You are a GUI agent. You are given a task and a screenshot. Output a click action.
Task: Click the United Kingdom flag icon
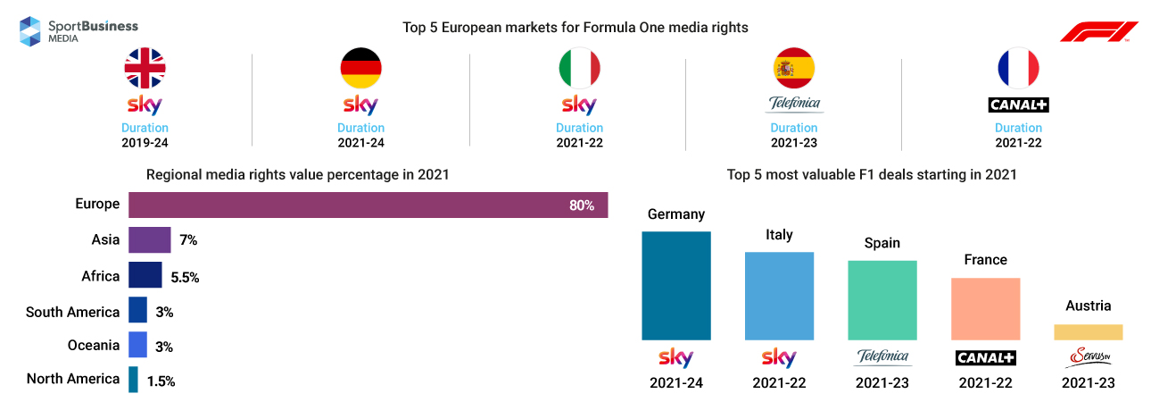coord(145,68)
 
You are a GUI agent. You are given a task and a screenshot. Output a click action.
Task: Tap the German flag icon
coord(360,68)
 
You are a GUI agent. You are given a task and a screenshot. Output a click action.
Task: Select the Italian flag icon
coord(579,68)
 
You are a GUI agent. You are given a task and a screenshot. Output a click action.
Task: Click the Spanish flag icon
coord(794,68)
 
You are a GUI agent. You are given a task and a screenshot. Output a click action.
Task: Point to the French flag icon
coord(1018,68)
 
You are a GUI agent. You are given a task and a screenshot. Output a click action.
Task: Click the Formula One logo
coord(1093,33)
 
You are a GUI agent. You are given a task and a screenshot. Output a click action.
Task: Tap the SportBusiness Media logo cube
coord(30,30)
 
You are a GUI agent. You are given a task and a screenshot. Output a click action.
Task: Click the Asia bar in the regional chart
coord(149,239)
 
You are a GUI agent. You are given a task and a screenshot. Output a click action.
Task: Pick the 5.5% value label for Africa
coord(185,277)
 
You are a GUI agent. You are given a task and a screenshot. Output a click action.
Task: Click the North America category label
coord(73,379)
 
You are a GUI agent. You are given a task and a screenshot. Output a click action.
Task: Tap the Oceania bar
coord(137,345)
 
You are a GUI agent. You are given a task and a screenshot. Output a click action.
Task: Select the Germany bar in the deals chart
coord(676,286)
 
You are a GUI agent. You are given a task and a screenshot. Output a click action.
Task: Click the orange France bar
coord(985,308)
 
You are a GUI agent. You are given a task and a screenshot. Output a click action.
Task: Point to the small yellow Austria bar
coord(1088,331)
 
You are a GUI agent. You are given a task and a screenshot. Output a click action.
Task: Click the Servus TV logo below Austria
coord(1088,357)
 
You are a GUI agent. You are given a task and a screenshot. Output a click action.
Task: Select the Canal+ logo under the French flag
coord(1018,105)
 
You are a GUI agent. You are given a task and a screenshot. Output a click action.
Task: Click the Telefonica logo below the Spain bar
coord(882,357)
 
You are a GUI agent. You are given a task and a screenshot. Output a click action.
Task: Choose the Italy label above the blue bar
coord(779,235)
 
